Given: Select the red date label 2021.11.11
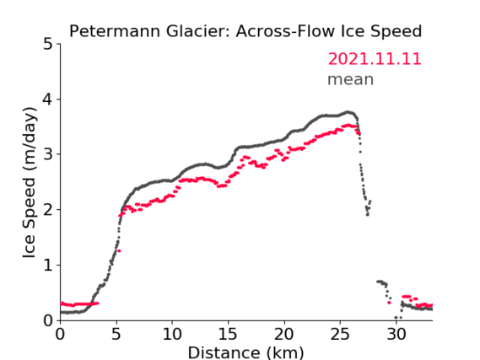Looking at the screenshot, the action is pos(375,59).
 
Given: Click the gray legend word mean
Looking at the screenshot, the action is pos(351,79).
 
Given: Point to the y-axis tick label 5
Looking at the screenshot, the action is pos(48,45).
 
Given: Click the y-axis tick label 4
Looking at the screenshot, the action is pos(48,99).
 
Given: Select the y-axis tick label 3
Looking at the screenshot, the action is pos(48,154).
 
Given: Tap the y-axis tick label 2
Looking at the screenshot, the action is pos(48,210).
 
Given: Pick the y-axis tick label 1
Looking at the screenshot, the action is pos(48,265).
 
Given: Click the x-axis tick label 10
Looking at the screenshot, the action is pos(172,334).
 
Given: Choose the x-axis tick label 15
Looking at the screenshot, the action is pos(228,334).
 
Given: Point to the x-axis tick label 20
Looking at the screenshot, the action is pos(284,334).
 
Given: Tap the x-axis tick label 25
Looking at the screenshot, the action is pos(340,334).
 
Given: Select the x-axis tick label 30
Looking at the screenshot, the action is pos(396,334).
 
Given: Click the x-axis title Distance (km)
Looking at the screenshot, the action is pos(245,352).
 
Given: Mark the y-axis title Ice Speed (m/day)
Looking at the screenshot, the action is pos(30,183).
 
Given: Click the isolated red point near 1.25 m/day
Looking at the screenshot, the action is pos(119,250).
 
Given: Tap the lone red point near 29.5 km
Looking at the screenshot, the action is pos(389,303).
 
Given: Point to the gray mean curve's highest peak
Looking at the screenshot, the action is pos(348,112).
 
